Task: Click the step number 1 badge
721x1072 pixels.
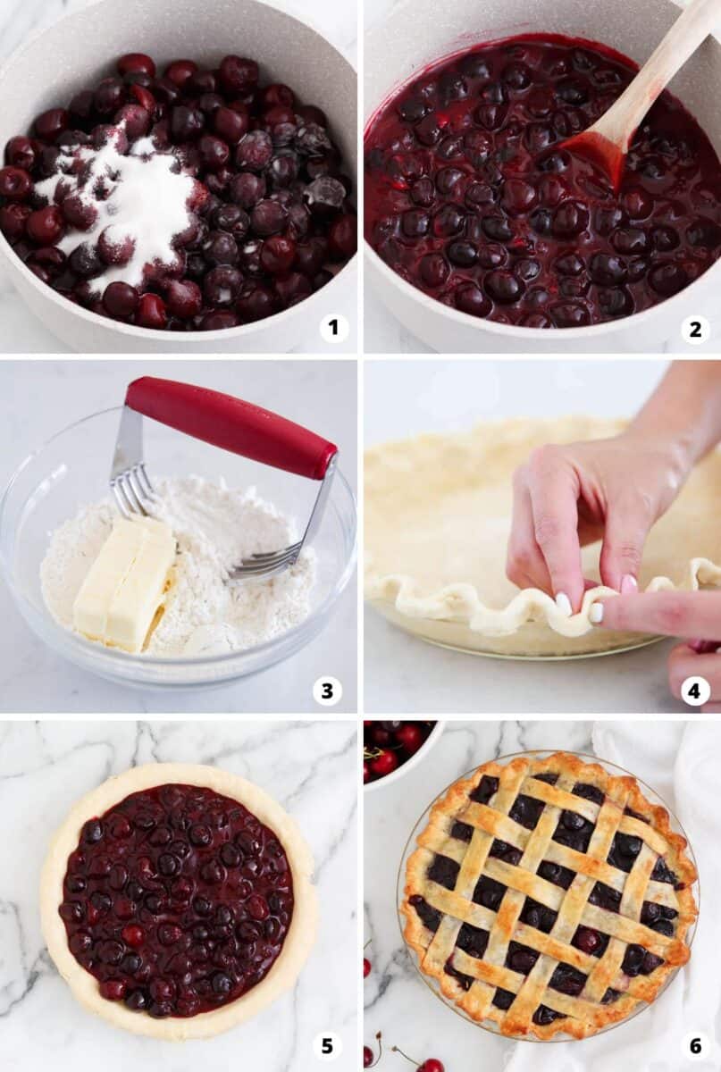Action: (x=333, y=328)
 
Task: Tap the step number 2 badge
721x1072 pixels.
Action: (x=695, y=329)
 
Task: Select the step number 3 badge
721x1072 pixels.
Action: (x=327, y=690)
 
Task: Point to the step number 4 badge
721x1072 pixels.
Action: (x=695, y=690)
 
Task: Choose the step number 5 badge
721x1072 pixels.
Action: (x=327, y=1044)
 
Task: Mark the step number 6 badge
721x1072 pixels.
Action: (x=695, y=1044)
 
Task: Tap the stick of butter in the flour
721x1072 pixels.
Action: (x=124, y=581)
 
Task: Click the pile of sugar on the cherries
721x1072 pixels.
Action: (x=134, y=205)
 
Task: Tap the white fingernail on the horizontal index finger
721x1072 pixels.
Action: (x=596, y=613)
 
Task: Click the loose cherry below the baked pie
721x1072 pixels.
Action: (x=430, y=1064)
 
